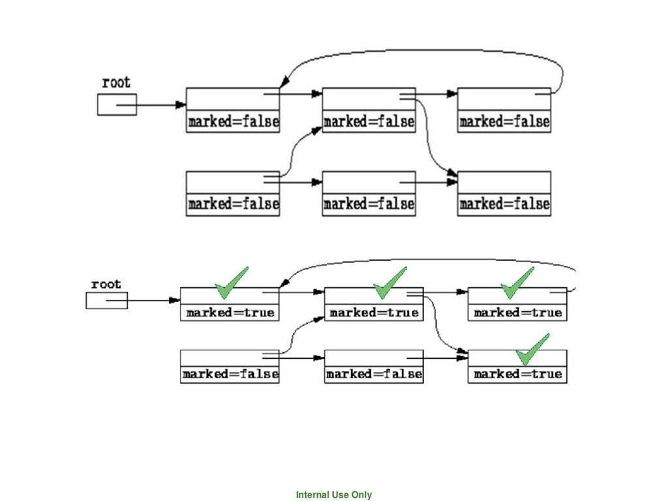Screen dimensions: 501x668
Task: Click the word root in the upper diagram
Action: point(116,83)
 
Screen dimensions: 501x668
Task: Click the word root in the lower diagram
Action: point(106,284)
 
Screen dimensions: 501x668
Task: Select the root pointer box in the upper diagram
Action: point(117,104)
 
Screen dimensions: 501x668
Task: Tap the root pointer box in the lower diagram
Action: point(106,301)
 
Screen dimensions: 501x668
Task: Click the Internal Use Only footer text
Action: point(334,495)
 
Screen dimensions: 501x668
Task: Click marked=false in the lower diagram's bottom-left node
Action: point(230,374)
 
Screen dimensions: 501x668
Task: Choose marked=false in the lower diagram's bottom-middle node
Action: point(374,374)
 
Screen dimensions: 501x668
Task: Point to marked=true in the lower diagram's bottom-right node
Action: point(517,374)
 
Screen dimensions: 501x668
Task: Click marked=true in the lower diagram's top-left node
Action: point(230,313)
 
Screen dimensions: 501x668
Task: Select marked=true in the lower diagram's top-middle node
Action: point(374,313)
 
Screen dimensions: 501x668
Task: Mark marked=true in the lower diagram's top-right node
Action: point(517,313)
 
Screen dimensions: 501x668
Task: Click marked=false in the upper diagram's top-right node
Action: point(504,122)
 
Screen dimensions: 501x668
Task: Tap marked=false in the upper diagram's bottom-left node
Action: point(233,204)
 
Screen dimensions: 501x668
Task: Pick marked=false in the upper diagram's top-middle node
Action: point(369,122)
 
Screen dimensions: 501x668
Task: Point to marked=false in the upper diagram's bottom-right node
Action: point(504,204)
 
